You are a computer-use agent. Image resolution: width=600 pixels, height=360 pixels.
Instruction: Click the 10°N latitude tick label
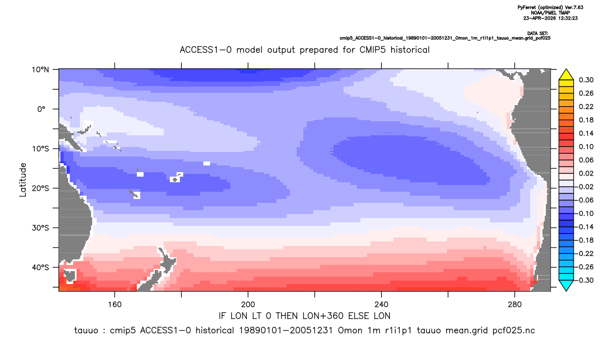tap(40, 70)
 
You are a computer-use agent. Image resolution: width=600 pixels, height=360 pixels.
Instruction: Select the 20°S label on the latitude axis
tap(40, 188)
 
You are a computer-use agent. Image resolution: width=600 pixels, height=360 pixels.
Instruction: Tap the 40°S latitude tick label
tap(40, 267)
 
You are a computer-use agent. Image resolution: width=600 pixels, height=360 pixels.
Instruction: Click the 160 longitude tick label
tap(115, 305)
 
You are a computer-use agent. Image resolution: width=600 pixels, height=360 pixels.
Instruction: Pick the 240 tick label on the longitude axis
tap(382, 305)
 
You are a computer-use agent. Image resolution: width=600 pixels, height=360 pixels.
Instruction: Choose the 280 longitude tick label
tap(515, 305)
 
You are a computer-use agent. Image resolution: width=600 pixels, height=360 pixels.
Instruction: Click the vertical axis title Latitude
tap(23, 179)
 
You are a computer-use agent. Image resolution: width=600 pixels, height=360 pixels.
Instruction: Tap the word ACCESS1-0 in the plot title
tap(206, 50)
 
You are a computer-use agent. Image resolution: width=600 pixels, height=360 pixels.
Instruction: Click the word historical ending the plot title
tap(410, 50)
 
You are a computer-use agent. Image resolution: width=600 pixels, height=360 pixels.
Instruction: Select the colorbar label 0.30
tap(586, 80)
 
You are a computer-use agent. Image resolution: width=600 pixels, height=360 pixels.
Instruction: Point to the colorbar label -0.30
tap(585, 280)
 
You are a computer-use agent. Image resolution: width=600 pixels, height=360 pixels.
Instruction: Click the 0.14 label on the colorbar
tap(586, 133)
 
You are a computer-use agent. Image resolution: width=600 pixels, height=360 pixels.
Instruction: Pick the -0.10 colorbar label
tap(585, 214)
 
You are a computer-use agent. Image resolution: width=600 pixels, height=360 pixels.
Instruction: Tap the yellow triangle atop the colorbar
tap(566, 75)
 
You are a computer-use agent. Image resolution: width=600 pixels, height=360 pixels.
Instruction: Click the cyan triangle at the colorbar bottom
tap(566, 285)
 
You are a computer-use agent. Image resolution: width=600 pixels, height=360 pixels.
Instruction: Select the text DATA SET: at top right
tap(537, 34)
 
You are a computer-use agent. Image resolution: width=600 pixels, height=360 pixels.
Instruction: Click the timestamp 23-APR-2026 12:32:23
tap(551, 18)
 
